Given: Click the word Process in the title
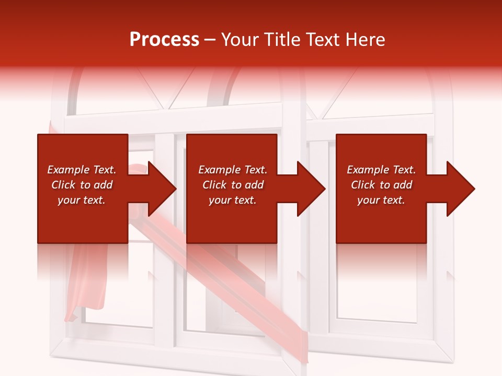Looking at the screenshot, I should tap(164, 39).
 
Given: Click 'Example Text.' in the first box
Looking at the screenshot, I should tap(82, 170).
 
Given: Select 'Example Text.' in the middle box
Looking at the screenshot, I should tap(233, 170).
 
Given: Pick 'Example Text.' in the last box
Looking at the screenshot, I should tap(381, 170).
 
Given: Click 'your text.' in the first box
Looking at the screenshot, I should tap(82, 200).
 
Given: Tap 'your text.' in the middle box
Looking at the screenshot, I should tap(233, 200).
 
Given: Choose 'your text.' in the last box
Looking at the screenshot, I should tap(381, 200).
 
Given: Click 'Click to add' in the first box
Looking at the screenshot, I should tap(82, 185).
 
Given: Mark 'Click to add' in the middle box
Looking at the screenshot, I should tap(233, 185).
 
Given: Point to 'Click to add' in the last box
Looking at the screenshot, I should tap(381, 185).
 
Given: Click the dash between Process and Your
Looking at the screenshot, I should tap(210, 40).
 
